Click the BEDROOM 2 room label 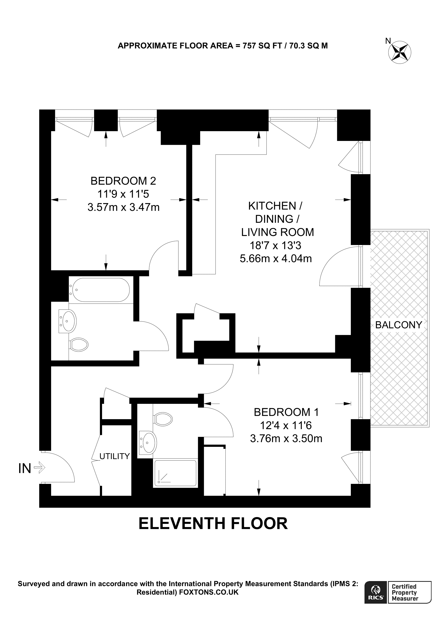123,181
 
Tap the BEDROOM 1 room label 286,412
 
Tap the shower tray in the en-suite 175,473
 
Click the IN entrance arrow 39,468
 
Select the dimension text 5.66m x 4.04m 276,258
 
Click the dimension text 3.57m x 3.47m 123,207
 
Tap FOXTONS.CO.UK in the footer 209,592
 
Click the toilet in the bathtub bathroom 79,345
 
